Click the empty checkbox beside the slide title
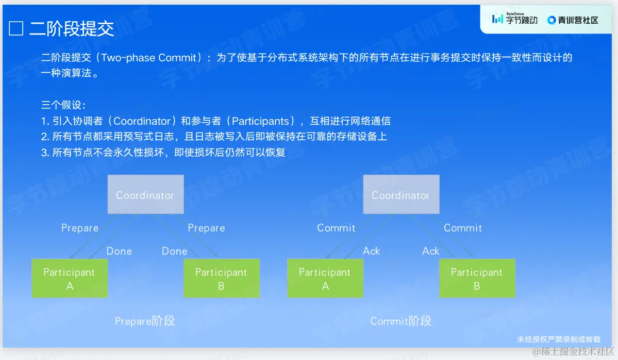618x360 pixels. pos(16,28)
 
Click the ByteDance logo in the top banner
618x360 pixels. pos(515,19)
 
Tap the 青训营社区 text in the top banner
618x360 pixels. pos(578,20)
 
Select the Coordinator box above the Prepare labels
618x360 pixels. pos(145,194)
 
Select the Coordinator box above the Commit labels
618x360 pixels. pos(401,194)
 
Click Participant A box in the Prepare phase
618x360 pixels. pos(70,278)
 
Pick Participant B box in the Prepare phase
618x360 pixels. pos(222,278)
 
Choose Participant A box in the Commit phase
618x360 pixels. pos(325,278)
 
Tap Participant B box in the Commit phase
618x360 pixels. pos(477,278)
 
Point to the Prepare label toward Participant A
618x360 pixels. pos(79,228)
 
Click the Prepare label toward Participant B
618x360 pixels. pos(206,228)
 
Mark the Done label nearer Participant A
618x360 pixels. pos(119,251)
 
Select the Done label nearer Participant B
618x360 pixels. pos(174,251)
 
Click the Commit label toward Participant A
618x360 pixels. pos(336,228)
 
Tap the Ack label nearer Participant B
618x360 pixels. pos(430,251)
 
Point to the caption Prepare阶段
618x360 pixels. pos(145,321)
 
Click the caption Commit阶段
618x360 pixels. pos(401,321)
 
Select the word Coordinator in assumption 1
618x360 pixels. pos(142,121)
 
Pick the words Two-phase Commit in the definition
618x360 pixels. pos(149,58)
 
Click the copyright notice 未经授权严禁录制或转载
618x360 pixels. pos(559,339)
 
